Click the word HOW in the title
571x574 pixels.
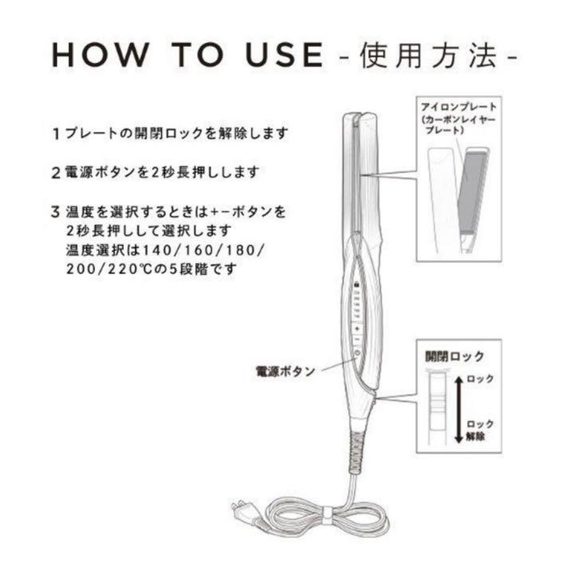[100, 55]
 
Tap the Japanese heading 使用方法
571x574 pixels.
[427, 56]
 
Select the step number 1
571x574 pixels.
[56, 134]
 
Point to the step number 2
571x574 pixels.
[56, 173]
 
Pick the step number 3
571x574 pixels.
[56, 212]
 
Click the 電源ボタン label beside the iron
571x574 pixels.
[285, 372]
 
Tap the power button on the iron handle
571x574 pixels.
[356, 354]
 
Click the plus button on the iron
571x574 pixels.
[356, 328]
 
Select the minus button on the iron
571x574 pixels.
[356, 340]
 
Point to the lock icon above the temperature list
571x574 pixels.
[356, 285]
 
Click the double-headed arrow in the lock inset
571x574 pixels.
[459, 410]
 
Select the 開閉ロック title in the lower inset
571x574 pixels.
[455, 356]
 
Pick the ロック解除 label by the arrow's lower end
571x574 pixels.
[480, 431]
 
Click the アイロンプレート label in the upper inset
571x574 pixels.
[459, 108]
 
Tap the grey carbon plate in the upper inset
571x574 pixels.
[473, 192]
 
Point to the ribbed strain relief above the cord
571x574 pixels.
[356, 451]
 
